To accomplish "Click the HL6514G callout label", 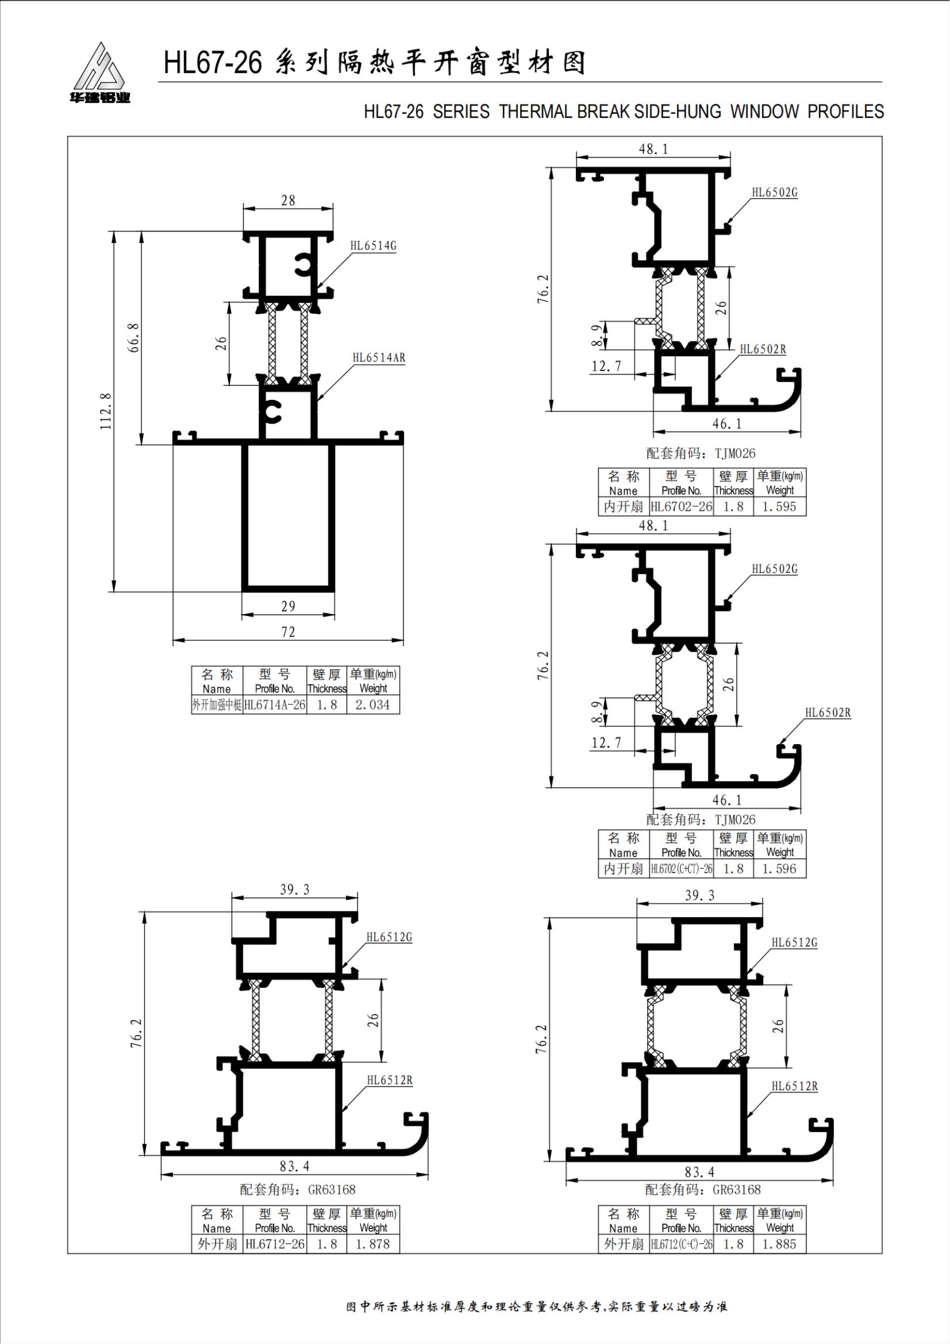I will pos(373,246).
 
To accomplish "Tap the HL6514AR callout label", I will pos(379,357).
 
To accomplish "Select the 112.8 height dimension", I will pos(106,411).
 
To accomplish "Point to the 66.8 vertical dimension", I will pos(134,338).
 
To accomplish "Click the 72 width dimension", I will pos(288,632).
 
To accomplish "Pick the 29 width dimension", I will pos(288,606).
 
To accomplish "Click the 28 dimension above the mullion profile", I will pos(288,201).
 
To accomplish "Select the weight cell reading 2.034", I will pos(372,705).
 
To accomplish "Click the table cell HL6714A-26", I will pos(275,705).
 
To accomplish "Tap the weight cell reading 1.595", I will pos(779,507).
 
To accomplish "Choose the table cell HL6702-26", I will pos(682,507).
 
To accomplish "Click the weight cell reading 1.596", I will pos(779,869).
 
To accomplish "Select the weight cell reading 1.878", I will pos(372,1244).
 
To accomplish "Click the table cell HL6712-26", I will pos(275,1244).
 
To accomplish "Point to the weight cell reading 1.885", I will pos(779,1244).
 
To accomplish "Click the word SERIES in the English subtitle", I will pos(461,112).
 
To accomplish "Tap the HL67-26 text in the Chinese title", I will pos(213,63).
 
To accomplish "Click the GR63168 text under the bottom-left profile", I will pos(330,1189).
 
